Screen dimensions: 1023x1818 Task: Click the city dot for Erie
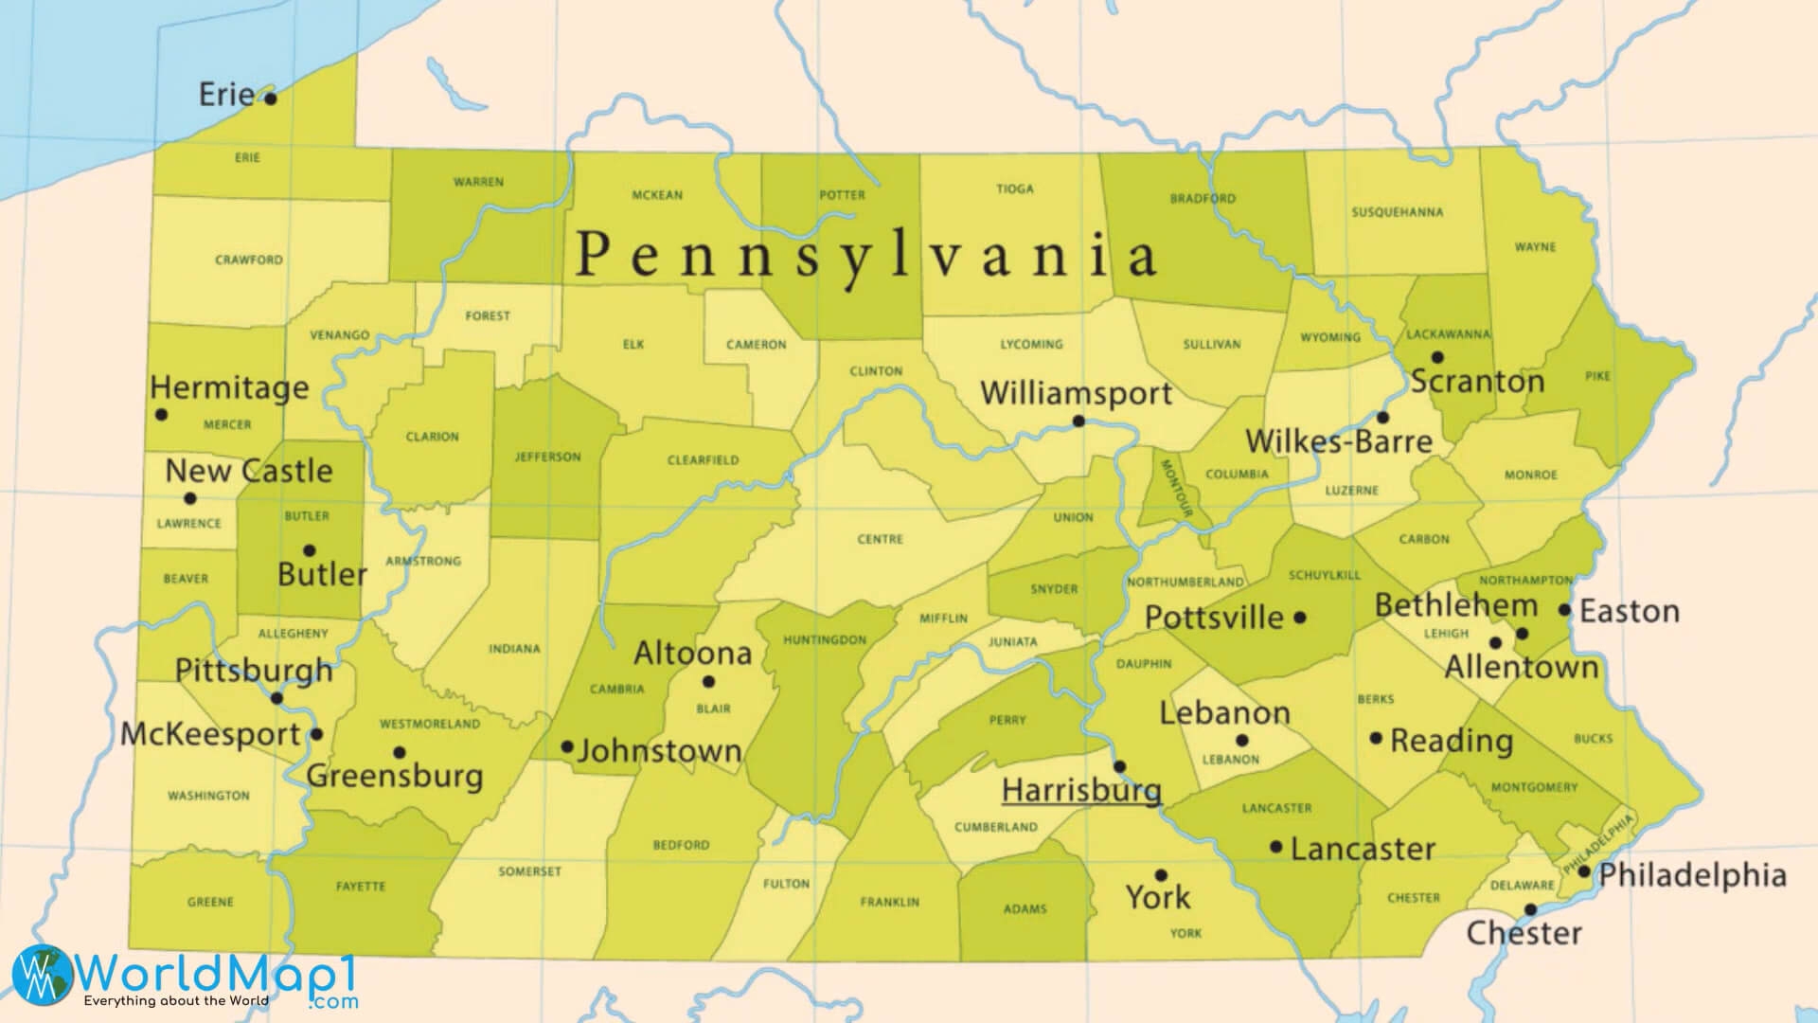[x=270, y=98]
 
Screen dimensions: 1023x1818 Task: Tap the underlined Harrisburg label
[x=1080, y=789]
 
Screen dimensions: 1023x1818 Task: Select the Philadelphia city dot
[x=1583, y=870]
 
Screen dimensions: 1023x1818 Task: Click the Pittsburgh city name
[x=254, y=670]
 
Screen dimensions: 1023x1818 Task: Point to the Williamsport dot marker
[x=1078, y=421]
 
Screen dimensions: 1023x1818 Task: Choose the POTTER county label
[x=842, y=195]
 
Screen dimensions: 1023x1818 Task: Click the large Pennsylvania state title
[x=865, y=255]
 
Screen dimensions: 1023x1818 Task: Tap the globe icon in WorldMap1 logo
[x=42, y=975]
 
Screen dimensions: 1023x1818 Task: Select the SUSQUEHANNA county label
[x=1397, y=212]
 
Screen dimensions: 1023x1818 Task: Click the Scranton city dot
[x=1436, y=357]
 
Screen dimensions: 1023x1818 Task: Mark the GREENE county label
[x=210, y=902]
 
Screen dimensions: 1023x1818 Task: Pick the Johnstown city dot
[x=567, y=746]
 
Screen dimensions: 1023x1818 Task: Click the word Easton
[x=1630, y=611]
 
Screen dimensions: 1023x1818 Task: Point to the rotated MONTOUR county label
[x=1172, y=489]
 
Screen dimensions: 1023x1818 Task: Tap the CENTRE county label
[x=880, y=539]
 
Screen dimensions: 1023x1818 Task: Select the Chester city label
[x=1524, y=933]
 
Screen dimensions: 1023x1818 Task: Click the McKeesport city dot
[x=316, y=733]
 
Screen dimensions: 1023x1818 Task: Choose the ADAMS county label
[x=1025, y=909]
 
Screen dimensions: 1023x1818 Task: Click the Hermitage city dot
[x=161, y=414]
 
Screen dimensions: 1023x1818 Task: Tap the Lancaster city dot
[x=1275, y=847]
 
